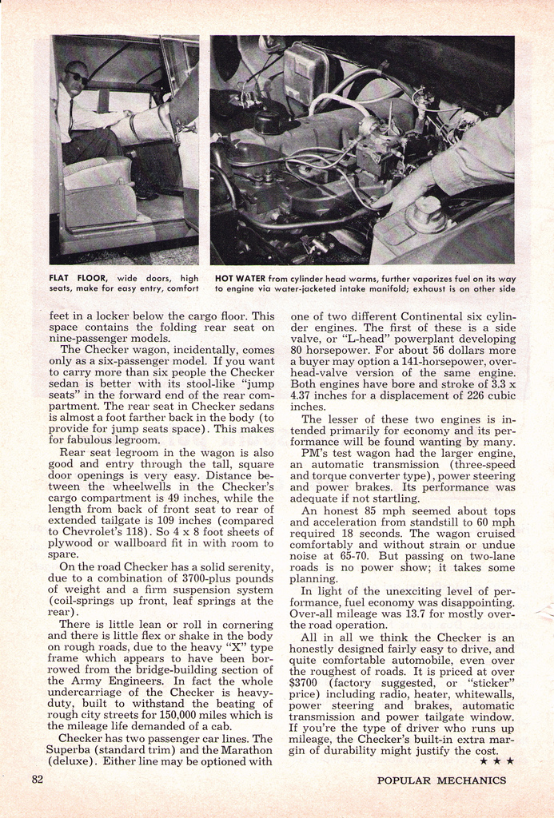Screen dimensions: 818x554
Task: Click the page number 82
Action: [38, 780]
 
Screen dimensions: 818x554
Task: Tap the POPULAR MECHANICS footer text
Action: [441, 780]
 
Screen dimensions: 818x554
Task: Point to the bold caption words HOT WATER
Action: [241, 278]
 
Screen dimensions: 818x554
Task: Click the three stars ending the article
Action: [499, 761]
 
